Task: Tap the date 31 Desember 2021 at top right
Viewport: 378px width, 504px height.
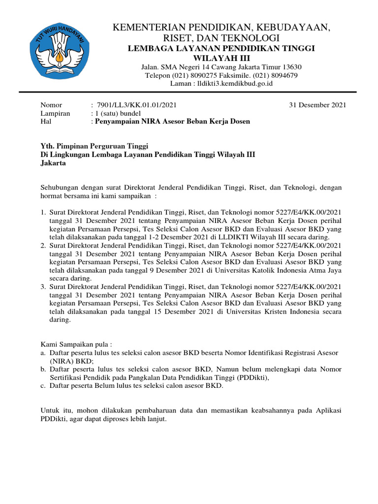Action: point(317,105)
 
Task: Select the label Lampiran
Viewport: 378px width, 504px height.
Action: point(55,113)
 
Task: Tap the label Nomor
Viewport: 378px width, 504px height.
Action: point(51,105)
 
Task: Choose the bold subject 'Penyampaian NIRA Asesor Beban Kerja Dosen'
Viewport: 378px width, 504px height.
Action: point(172,122)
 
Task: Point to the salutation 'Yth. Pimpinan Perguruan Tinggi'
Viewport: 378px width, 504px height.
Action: point(94,146)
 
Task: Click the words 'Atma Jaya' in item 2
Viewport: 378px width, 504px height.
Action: point(326,270)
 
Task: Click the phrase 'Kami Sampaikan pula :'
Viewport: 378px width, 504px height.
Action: point(73,345)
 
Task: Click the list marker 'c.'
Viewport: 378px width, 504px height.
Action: point(43,386)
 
